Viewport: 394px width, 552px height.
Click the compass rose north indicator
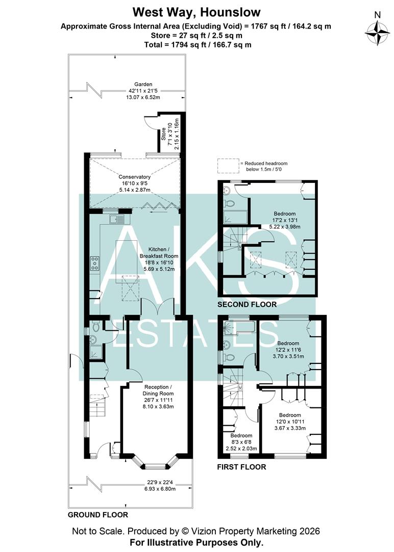[x=377, y=31]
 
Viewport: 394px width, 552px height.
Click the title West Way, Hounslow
[x=196, y=12]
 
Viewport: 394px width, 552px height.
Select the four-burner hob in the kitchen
[x=95, y=263]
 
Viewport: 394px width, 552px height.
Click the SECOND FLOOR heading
[x=247, y=304]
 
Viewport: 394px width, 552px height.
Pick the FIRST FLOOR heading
[x=241, y=467]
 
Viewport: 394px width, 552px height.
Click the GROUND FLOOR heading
[x=98, y=515]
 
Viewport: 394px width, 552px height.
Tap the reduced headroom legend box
[x=228, y=166]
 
